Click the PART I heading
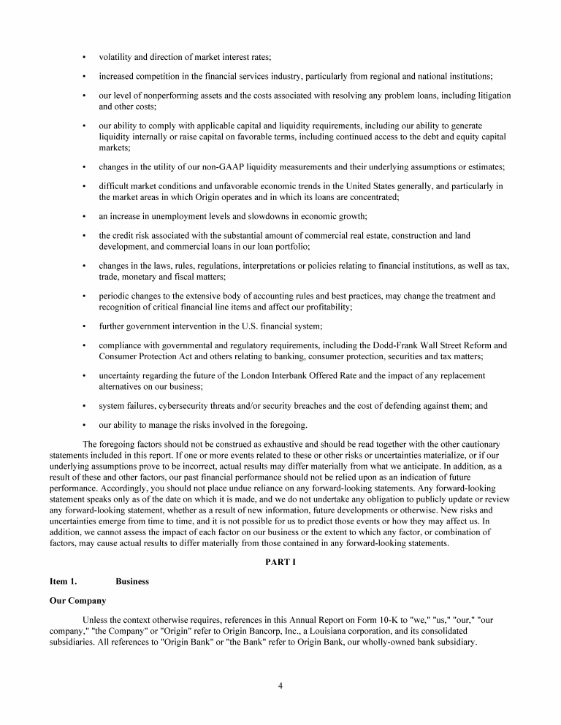click(x=280, y=561)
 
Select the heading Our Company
click(x=77, y=601)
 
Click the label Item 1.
click(x=63, y=581)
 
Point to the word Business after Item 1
click(x=132, y=581)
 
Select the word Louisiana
click(x=365, y=629)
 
